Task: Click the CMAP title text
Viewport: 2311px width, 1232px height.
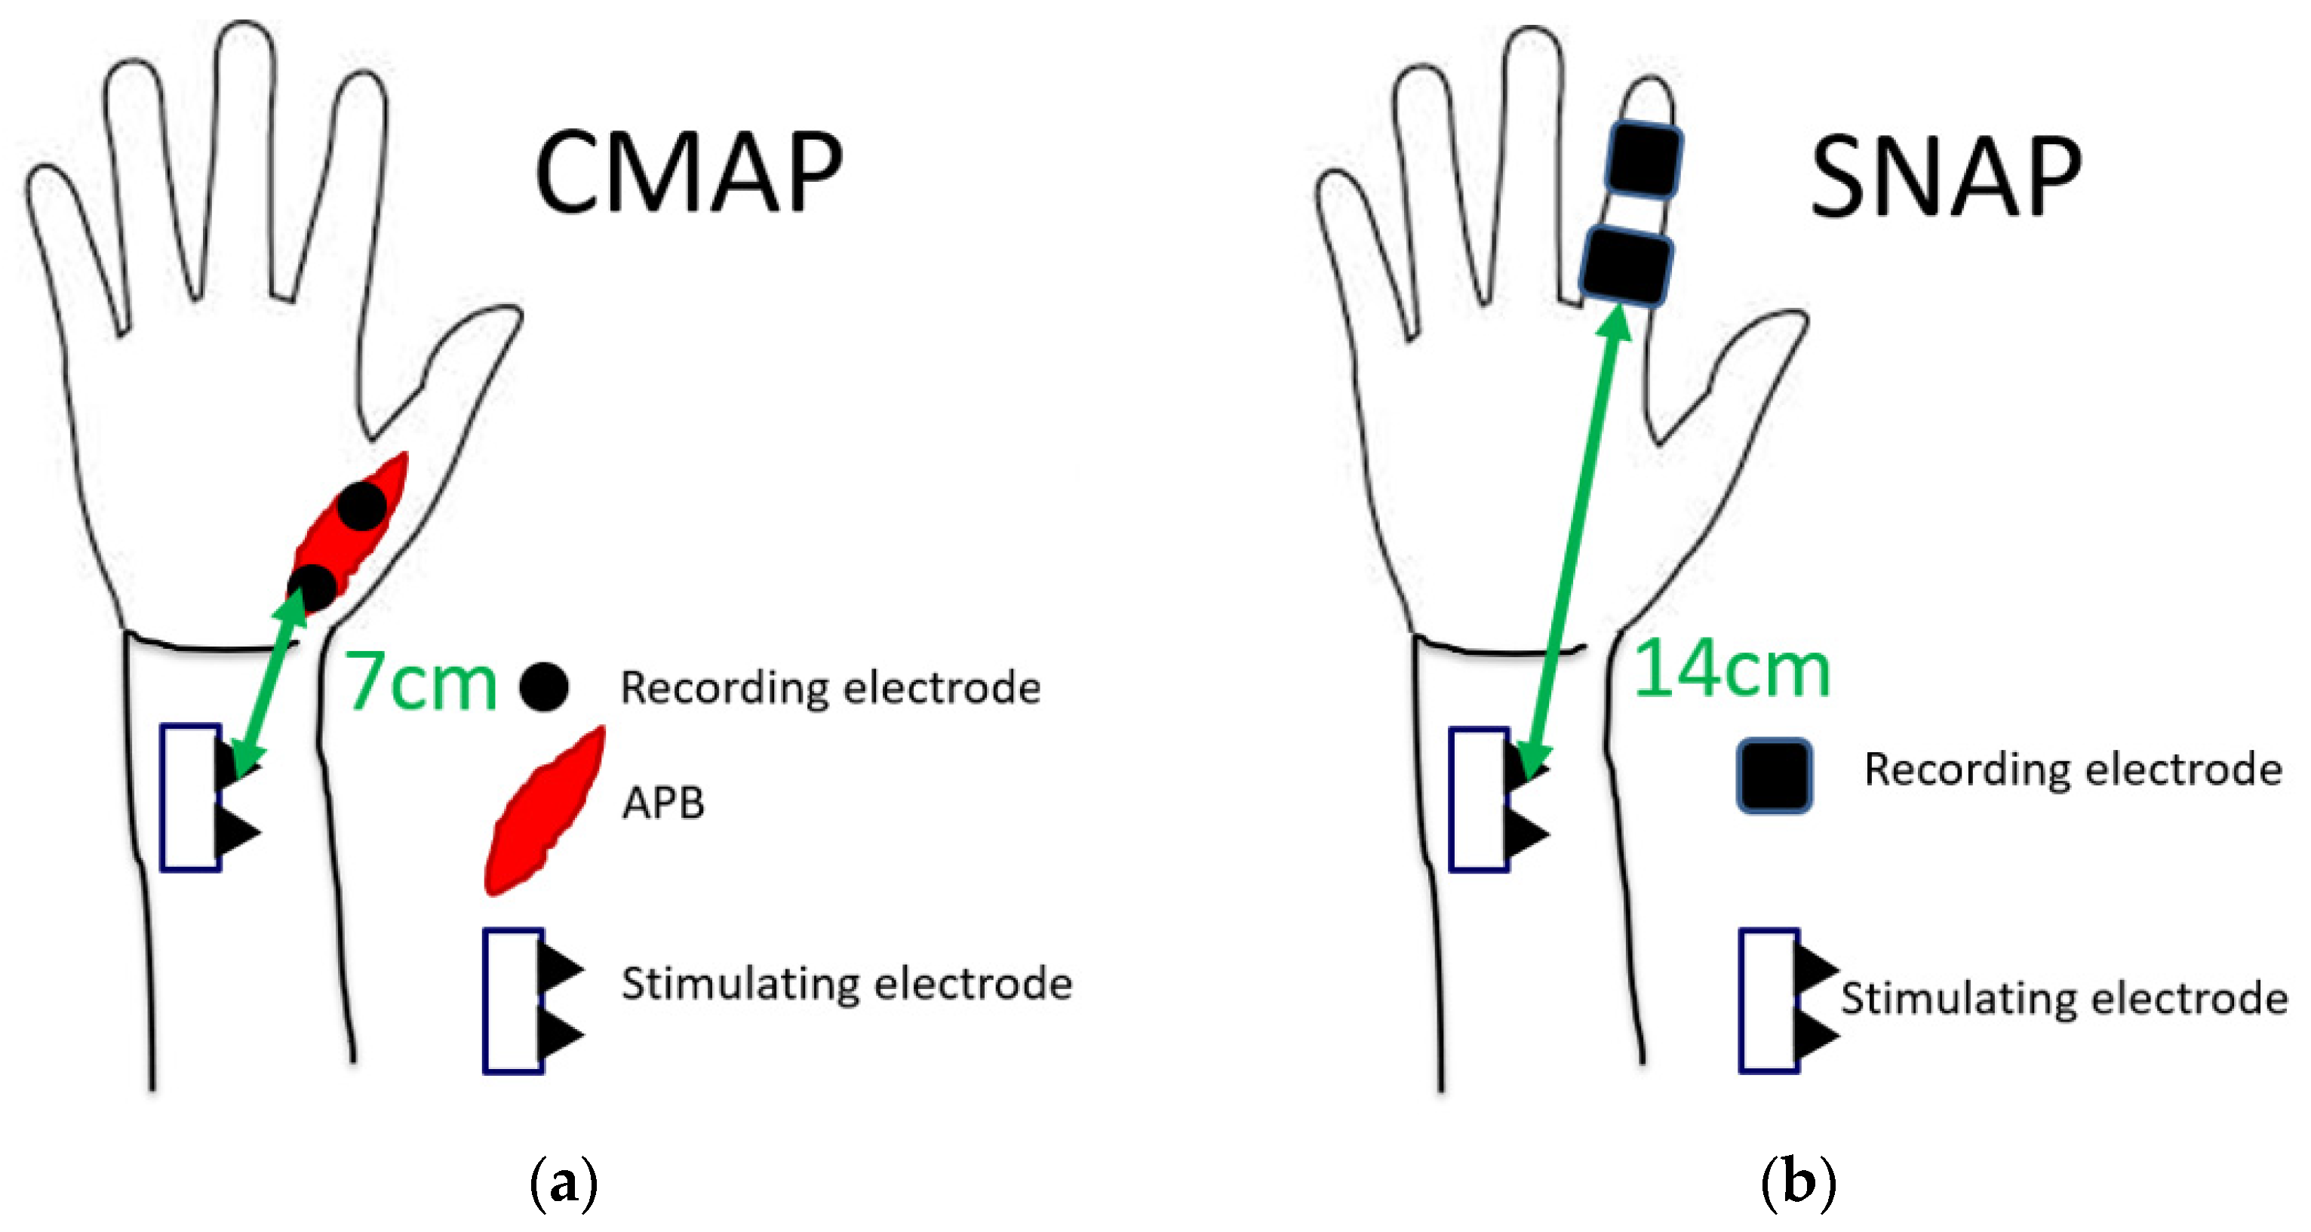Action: pos(688,172)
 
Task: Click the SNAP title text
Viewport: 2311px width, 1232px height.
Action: pos(1945,177)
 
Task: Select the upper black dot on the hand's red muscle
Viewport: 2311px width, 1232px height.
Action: pos(361,506)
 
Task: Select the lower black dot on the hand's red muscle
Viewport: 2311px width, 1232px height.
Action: pos(312,588)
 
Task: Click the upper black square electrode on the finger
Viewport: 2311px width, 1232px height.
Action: pos(1643,160)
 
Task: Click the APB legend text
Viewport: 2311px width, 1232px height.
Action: pos(663,803)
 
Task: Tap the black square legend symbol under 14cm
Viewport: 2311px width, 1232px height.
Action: pos(1774,776)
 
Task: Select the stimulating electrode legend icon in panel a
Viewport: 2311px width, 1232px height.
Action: pos(530,1000)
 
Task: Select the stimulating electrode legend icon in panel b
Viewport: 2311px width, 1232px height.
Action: pos(1785,1000)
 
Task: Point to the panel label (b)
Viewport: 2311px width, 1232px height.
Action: pos(1798,1184)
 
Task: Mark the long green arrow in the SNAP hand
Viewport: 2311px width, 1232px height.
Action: pos(1575,539)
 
